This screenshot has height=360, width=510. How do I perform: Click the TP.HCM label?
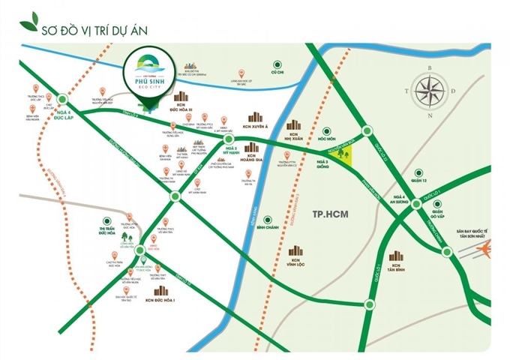[333, 214]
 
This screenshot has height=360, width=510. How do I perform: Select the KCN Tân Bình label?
[397, 269]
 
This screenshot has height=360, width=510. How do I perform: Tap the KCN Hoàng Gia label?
[252, 157]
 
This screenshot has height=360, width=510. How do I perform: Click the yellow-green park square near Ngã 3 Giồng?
[343, 155]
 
